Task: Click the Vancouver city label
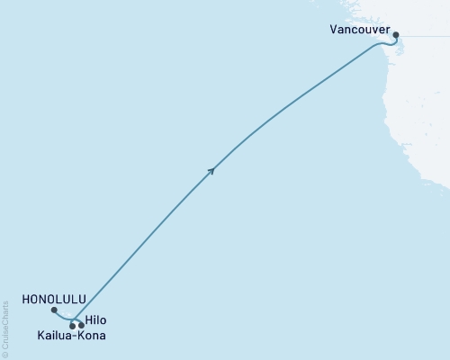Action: [x=361, y=29]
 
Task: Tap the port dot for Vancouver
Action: [x=395, y=35]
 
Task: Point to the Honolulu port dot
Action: [x=55, y=310]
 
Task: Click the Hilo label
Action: [x=95, y=319]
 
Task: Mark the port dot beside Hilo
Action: [x=82, y=325]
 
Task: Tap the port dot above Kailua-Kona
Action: [x=72, y=326]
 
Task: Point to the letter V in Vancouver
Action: [x=334, y=29]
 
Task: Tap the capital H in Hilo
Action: [x=88, y=319]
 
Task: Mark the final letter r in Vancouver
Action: [x=388, y=29]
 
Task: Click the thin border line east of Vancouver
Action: [x=427, y=35]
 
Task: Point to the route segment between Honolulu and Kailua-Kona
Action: [x=63, y=318]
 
